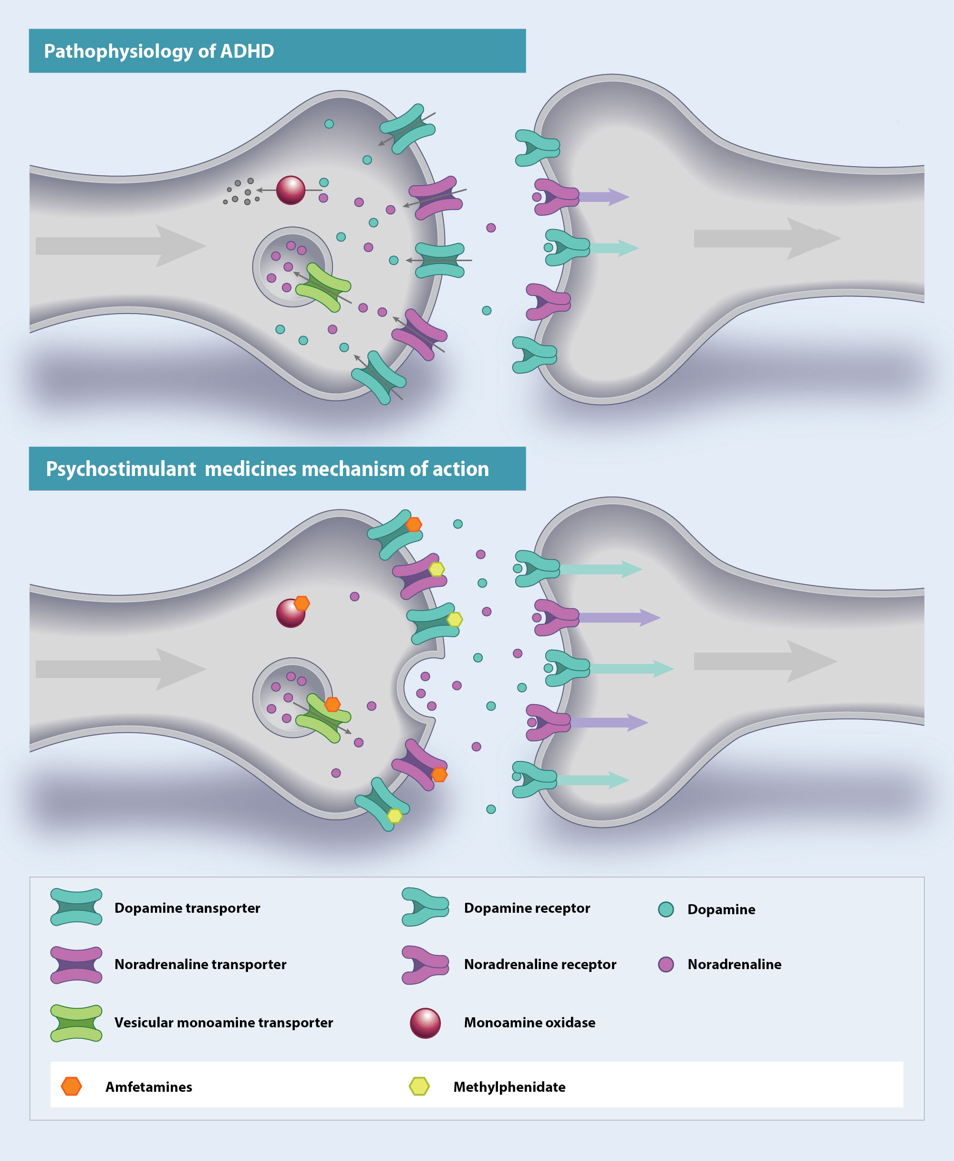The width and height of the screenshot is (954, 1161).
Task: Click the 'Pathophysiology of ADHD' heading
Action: (x=159, y=51)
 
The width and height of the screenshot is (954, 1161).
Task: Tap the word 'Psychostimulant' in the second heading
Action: (x=121, y=469)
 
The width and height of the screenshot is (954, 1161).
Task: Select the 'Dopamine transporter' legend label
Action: (x=187, y=908)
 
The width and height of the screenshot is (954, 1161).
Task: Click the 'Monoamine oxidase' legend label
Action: (x=529, y=1023)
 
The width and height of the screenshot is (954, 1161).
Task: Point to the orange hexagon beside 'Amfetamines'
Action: (x=72, y=1086)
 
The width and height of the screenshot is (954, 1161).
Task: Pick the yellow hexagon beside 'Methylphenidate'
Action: (x=419, y=1086)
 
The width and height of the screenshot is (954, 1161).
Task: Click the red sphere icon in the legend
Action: (x=425, y=1023)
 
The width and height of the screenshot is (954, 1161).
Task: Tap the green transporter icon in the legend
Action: (x=76, y=1023)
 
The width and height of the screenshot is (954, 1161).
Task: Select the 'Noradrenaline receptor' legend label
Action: (x=539, y=964)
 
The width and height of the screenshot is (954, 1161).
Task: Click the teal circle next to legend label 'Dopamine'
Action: (x=666, y=909)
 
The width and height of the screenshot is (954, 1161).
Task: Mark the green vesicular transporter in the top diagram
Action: (x=323, y=287)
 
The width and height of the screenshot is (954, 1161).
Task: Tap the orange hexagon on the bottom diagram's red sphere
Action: (x=301, y=603)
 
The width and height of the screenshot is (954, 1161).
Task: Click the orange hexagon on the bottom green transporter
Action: (x=332, y=704)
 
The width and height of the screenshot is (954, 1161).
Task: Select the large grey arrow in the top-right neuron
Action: (x=767, y=239)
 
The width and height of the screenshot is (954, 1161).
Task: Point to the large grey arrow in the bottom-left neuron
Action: (x=121, y=669)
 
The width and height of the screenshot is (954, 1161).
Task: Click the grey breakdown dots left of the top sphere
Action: (x=242, y=192)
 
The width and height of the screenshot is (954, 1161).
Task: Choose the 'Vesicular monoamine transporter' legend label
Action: (x=223, y=1023)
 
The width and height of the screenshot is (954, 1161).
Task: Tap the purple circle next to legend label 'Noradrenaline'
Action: (x=666, y=964)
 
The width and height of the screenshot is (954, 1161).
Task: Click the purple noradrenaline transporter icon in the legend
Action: (x=76, y=965)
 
